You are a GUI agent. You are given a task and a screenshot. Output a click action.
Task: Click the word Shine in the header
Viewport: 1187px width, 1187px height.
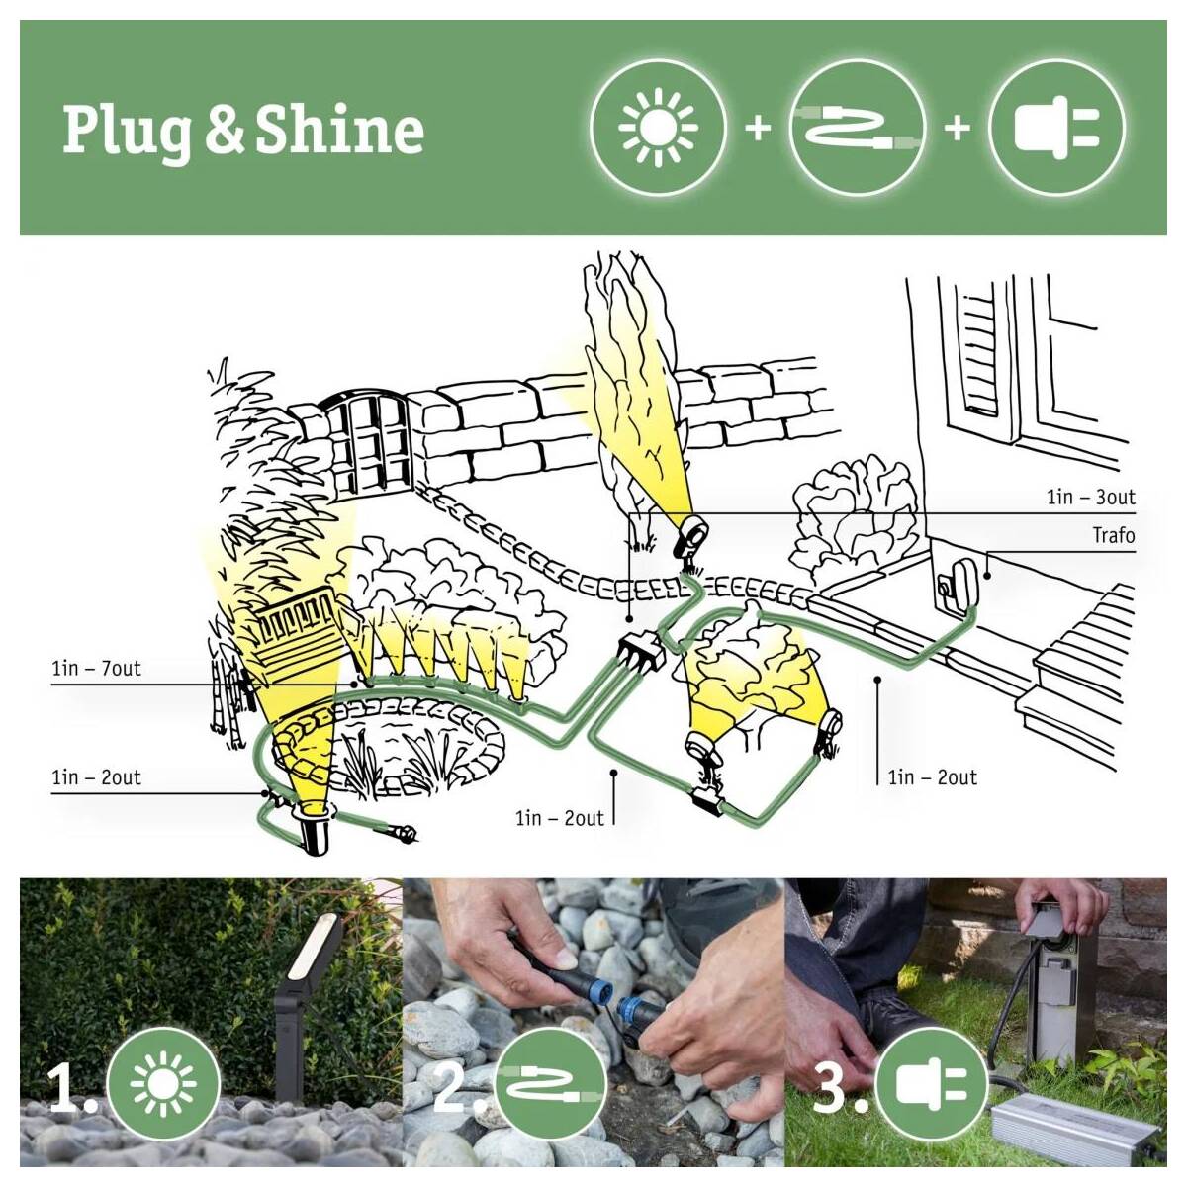point(339,130)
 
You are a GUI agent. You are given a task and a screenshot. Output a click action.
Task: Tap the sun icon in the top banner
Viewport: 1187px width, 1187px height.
point(658,128)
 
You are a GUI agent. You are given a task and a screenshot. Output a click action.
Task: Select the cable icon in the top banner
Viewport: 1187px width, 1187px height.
point(857,129)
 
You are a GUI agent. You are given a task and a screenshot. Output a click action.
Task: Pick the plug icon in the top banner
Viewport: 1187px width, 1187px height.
point(1056,128)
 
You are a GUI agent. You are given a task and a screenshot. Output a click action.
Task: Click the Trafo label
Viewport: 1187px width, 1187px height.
point(1113,535)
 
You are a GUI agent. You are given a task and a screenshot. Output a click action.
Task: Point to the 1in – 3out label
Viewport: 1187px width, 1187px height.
point(1091,497)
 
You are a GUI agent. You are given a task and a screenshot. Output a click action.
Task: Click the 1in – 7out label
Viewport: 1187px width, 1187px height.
point(96,669)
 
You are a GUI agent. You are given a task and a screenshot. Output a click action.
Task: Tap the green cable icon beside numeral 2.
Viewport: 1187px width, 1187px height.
point(549,1083)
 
